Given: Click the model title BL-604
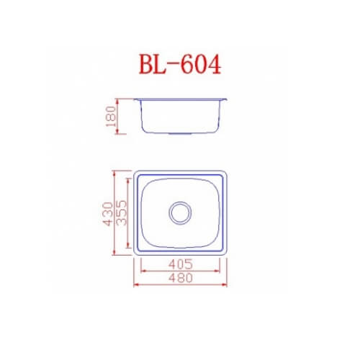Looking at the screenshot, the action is [180, 64].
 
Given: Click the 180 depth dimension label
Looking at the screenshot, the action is [111, 117].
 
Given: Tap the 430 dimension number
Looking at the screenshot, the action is [107, 214].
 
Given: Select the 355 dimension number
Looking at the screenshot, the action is [121, 213].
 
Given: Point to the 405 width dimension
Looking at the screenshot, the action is [181, 264].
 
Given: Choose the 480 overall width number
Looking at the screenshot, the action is [181, 278].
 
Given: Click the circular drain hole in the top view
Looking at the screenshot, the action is [180, 213].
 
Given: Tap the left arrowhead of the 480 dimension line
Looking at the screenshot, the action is [136, 284].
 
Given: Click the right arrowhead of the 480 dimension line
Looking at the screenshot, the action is [224, 284].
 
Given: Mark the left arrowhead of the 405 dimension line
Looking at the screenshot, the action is [143, 271].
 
